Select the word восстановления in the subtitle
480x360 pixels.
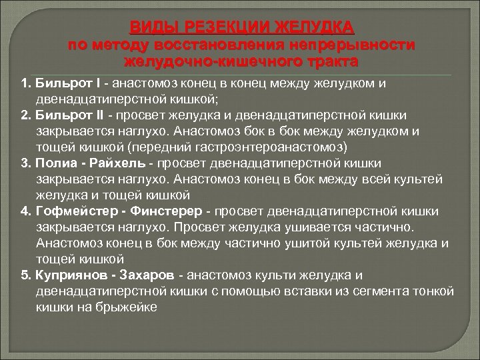pos(209,45)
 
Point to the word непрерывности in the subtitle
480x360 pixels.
pos(341,45)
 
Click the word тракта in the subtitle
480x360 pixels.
pos(331,61)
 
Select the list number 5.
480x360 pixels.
pos(25,275)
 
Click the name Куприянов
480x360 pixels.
pos(73,275)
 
